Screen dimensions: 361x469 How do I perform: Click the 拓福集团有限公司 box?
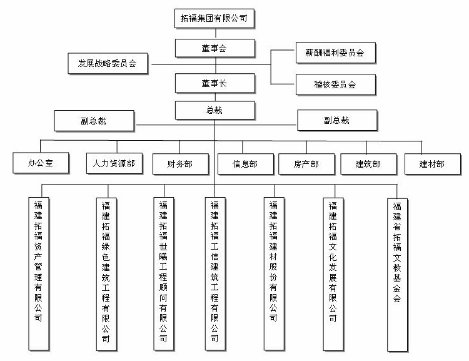214,19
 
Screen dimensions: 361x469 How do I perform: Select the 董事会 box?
214,48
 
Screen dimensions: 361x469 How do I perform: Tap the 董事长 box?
214,83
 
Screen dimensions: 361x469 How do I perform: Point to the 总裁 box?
214,110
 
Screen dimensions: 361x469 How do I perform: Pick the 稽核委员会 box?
335,84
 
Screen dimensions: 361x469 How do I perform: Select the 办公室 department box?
41,164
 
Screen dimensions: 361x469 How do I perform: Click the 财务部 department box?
179,164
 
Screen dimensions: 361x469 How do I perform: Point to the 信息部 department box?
245,164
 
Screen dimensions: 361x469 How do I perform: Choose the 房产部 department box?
306,164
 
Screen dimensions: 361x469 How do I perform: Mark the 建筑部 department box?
368,164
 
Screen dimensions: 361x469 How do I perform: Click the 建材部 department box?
432,164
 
